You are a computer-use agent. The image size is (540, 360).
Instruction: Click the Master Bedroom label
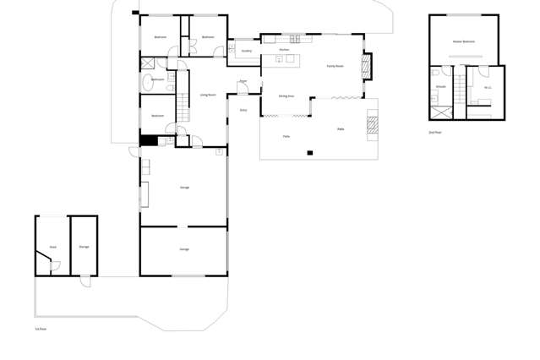click(463, 41)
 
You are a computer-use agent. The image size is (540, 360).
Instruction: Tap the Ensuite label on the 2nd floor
click(440, 86)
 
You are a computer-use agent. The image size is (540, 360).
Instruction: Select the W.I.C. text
click(488, 87)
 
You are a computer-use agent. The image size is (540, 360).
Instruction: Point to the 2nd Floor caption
click(435, 133)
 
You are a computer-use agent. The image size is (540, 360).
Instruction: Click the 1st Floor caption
click(41, 329)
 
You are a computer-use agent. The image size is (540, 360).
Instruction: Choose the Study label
click(52, 247)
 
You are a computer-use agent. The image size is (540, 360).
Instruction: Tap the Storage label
click(84, 247)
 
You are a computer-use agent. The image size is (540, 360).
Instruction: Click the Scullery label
click(246, 51)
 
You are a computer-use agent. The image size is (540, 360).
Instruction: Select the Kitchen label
click(284, 50)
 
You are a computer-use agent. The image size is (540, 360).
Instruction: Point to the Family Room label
click(335, 66)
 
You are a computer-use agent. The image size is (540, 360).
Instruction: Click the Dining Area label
click(286, 95)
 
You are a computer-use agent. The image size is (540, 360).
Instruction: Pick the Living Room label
click(208, 95)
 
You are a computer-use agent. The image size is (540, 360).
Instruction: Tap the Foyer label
click(243, 81)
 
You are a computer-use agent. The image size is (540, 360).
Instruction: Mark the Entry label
click(243, 110)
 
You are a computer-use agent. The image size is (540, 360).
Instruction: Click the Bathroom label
click(157, 79)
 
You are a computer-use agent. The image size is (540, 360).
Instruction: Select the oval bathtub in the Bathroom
click(148, 83)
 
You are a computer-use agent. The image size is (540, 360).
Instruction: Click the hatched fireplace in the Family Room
click(366, 66)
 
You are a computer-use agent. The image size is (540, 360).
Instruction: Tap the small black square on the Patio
click(310, 153)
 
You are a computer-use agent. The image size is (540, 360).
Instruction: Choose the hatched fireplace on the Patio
click(372, 125)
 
